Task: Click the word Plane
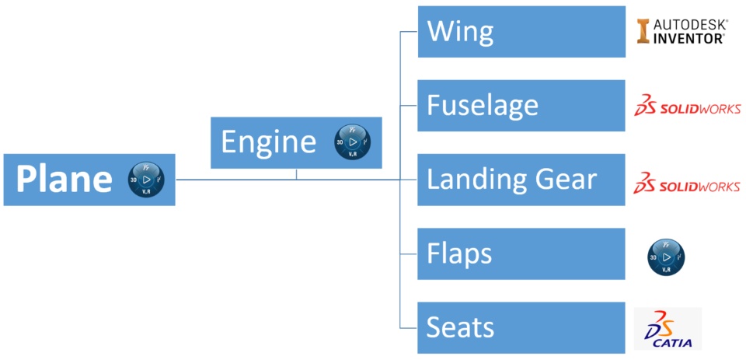64,180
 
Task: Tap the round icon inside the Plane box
146,179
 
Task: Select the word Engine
268,142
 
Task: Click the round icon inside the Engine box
352,142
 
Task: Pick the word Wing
460,32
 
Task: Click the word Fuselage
482,105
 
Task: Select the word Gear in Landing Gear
565,180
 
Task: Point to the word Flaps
459,253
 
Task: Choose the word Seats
460,327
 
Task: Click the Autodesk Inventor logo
682,31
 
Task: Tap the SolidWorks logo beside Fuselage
687,106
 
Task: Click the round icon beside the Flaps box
667,257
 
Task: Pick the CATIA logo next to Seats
668,329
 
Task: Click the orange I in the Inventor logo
643,32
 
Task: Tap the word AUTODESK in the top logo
690,24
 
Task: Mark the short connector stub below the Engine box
296,174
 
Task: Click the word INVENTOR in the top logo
690,38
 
